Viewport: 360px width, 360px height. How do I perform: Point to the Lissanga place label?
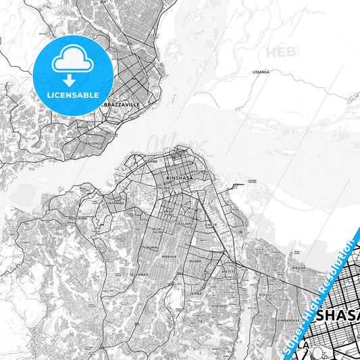coord(260,71)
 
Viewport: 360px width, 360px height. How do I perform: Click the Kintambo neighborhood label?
coord(115,202)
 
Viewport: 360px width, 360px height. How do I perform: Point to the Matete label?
coord(230,270)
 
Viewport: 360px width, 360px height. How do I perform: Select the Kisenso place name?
coord(219,306)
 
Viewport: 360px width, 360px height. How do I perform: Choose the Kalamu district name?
coord(185,222)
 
